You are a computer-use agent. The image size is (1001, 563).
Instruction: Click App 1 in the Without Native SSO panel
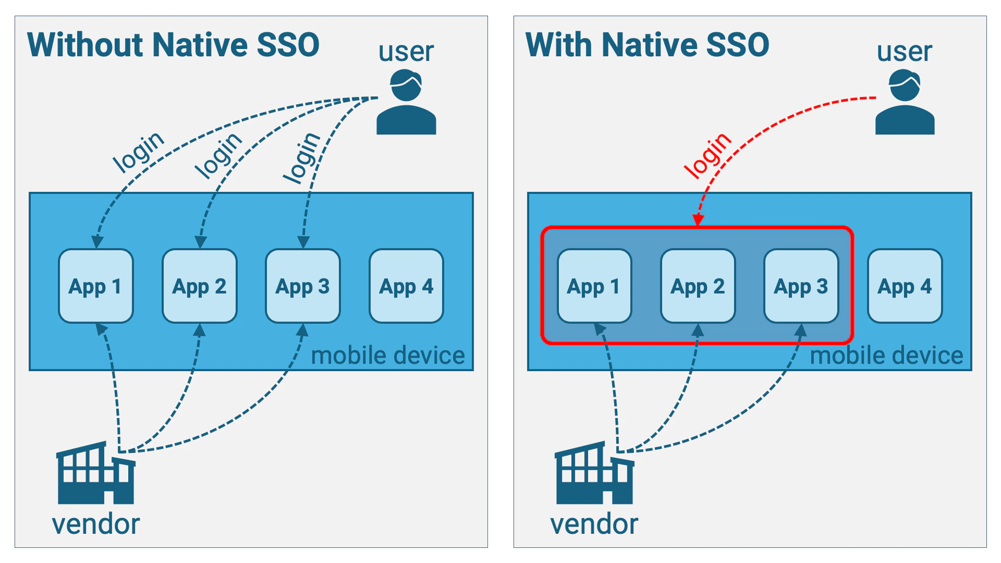coord(96,286)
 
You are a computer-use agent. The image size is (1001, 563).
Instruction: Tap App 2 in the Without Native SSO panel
coord(199,286)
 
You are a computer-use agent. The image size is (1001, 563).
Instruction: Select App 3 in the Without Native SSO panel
coord(302,286)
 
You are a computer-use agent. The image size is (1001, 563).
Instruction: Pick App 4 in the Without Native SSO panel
coord(406,286)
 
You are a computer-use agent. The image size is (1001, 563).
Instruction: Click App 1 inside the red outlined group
coord(594,286)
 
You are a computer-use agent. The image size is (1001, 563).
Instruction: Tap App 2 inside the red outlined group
coord(698,286)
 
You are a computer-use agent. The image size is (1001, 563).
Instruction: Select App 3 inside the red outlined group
coord(801,286)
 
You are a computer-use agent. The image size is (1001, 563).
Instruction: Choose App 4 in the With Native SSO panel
coord(905,286)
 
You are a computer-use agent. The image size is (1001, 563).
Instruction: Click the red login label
coord(707,155)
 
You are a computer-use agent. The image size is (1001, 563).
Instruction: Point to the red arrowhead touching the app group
coord(698,220)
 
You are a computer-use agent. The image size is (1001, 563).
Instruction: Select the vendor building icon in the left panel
coord(96,474)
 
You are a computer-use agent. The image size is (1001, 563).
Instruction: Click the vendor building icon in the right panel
coord(594,474)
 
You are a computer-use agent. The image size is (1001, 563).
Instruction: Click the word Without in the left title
coord(85,45)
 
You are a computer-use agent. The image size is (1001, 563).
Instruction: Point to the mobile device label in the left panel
coord(387,356)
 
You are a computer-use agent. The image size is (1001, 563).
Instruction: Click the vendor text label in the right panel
coord(594,524)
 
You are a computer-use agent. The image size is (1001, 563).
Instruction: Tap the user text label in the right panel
coord(904,52)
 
